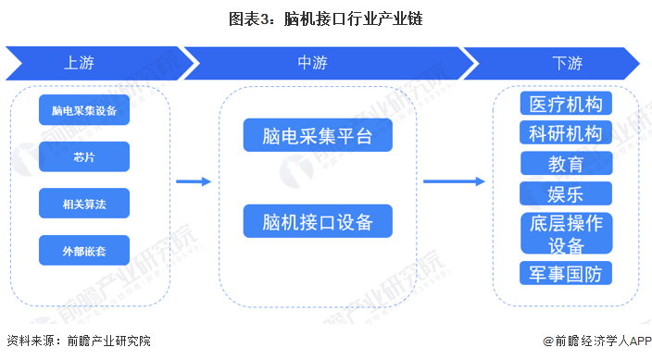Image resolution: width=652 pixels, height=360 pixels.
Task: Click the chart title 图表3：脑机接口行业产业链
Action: pos(325,18)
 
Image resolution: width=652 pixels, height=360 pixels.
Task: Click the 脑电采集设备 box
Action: pos(84,110)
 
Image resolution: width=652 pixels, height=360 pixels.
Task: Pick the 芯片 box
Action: pos(84,156)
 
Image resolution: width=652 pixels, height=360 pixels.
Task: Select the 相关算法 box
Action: pos(84,203)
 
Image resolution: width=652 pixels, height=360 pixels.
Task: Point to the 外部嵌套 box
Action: pos(84,250)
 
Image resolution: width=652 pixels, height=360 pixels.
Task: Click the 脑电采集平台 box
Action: pos(318,136)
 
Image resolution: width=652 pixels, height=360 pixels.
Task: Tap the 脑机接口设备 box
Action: pos(318,221)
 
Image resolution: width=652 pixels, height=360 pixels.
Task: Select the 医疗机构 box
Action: pos(566,104)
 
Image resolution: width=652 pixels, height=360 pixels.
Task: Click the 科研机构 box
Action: pos(566,133)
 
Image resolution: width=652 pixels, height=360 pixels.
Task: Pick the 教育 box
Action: pos(566,164)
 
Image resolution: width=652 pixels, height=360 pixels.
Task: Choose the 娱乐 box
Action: pos(566,193)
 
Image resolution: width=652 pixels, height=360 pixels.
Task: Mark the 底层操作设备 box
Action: pos(566,233)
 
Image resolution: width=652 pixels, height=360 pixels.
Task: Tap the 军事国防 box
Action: pos(566,273)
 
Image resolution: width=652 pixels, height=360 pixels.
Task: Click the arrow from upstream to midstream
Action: pos(194,181)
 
